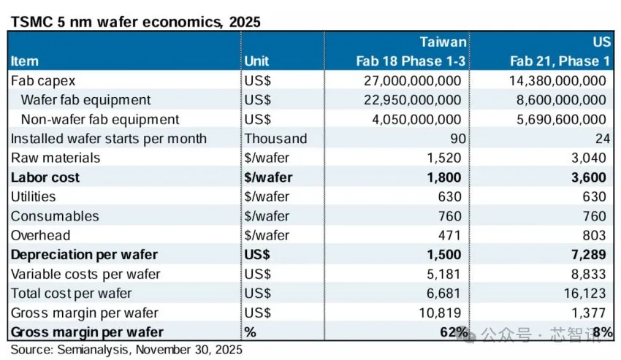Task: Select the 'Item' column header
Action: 25,61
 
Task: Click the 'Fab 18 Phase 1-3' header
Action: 411,61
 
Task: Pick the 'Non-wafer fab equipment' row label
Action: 100,119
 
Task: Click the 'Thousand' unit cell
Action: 275,139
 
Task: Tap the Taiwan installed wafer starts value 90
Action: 453,139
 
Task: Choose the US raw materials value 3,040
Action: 590,158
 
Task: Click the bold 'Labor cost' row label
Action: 45,177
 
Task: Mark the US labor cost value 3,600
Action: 590,177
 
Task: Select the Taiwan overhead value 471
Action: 450,235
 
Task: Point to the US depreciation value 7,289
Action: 590,255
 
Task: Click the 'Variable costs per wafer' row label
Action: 85,274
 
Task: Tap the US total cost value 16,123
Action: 586,294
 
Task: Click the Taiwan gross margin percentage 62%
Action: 453,332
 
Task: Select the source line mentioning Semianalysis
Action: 126,350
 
